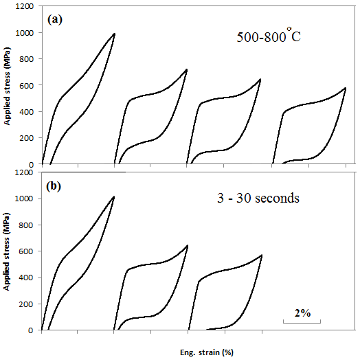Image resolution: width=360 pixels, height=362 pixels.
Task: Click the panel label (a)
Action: (x=55, y=20)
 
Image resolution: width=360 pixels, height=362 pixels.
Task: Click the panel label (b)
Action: (x=54, y=186)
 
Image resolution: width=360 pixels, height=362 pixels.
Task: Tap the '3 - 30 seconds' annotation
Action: (x=258, y=198)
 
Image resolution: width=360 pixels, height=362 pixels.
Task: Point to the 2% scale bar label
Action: (x=302, y=313)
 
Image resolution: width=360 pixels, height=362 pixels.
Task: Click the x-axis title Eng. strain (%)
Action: (x=207, y=352)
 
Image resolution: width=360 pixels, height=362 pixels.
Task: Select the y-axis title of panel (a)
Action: (x=8, y=86)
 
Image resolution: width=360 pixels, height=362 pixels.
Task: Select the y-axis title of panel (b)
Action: (x=6, y=251)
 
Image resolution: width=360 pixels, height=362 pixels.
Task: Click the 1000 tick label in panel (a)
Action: (x=25, y=33)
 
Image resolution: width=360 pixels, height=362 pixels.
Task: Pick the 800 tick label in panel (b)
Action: (x=26, y=225)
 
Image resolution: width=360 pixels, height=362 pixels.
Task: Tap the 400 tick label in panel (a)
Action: (x=26, y=112)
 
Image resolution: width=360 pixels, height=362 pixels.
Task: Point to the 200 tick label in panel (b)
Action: (x=26, y=304)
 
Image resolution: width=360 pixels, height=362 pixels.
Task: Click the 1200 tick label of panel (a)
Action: (x=25, y=6)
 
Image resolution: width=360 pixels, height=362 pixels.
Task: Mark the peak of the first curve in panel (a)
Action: (x=114, y=34)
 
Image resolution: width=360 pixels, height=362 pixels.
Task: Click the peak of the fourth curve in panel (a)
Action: (x=345, y=88)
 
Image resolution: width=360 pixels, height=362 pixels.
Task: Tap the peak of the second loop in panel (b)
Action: (x=188, y=246)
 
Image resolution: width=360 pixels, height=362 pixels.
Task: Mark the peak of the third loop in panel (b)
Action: (x=262, y=256)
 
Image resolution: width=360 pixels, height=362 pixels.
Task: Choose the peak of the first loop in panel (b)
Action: (x=113, y=196)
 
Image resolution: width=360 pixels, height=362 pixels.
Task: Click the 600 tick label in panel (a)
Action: (x=26, y=85)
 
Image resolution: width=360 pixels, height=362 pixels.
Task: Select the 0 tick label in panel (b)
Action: (x=30, y=330)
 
